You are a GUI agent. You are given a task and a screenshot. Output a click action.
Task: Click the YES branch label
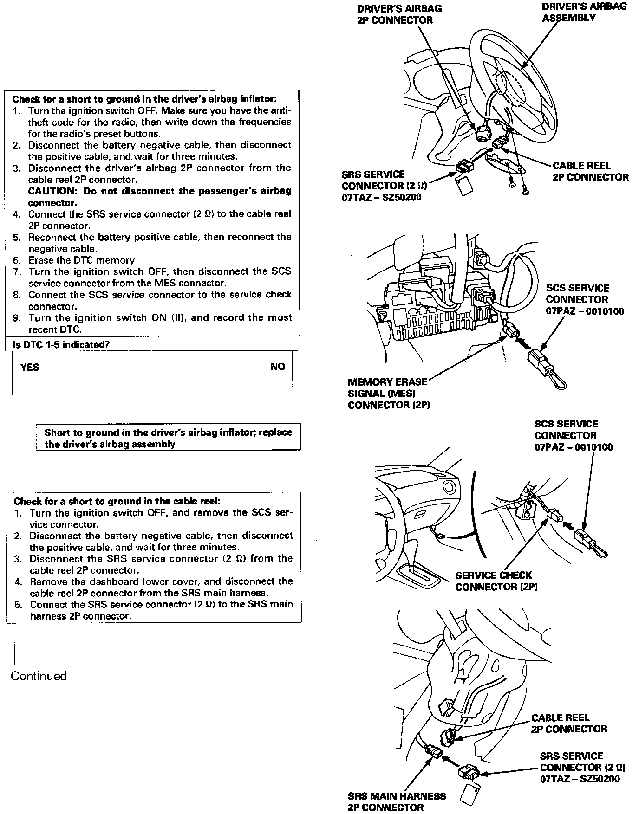coord(30,367)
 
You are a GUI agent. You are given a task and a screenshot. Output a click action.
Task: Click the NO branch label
coord(277,367)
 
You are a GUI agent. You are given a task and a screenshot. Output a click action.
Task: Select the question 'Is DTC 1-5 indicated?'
coord(61,344)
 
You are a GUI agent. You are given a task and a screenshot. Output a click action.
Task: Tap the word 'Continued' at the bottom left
coord(39,676)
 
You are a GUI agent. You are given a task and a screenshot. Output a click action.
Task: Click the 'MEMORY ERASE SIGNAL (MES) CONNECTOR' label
coord(388,393)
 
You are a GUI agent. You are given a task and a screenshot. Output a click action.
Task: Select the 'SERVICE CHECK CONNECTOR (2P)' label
coord(496,581)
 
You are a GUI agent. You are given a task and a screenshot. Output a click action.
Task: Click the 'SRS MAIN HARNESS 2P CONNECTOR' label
coord(397,801)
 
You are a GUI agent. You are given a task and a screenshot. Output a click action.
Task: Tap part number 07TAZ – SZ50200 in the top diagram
coord(381,197)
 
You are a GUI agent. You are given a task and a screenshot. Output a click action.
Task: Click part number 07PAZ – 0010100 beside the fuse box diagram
coord(585,311)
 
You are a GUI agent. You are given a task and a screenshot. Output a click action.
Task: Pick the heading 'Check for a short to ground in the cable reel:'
coord(117,501)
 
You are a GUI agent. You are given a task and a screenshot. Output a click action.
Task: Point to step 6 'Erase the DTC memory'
coord(81,260)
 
